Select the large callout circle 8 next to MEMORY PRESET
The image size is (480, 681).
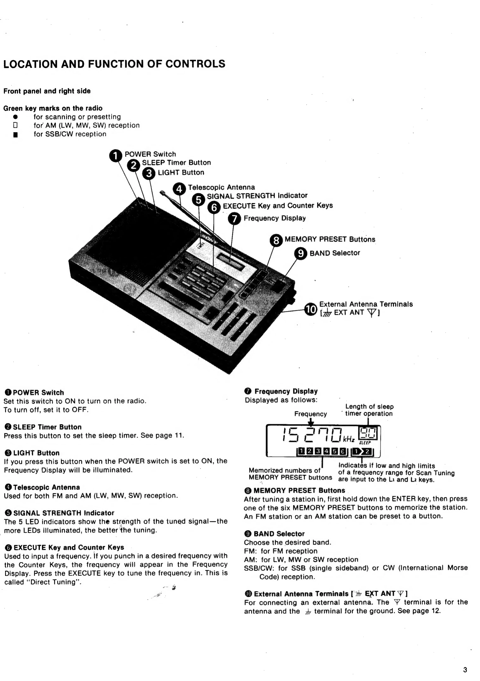tap(276, 240)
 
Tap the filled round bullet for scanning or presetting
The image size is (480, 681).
tap(15, 117)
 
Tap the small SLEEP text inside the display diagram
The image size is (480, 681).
tap(365, 443)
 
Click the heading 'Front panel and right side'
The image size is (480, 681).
tap(47, 91)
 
